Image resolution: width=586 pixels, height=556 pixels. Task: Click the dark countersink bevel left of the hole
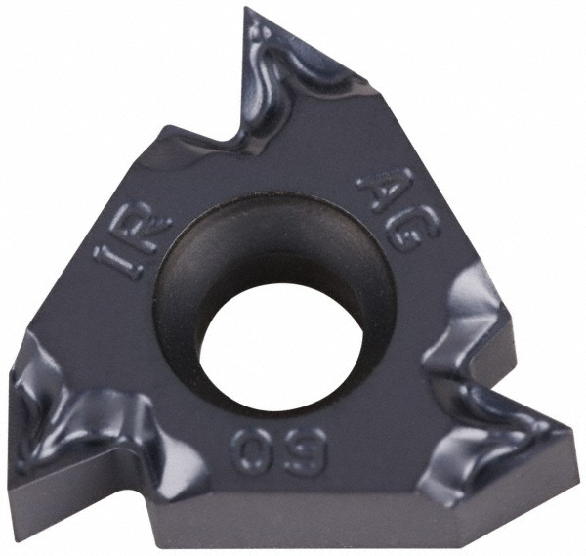[181, 303]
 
